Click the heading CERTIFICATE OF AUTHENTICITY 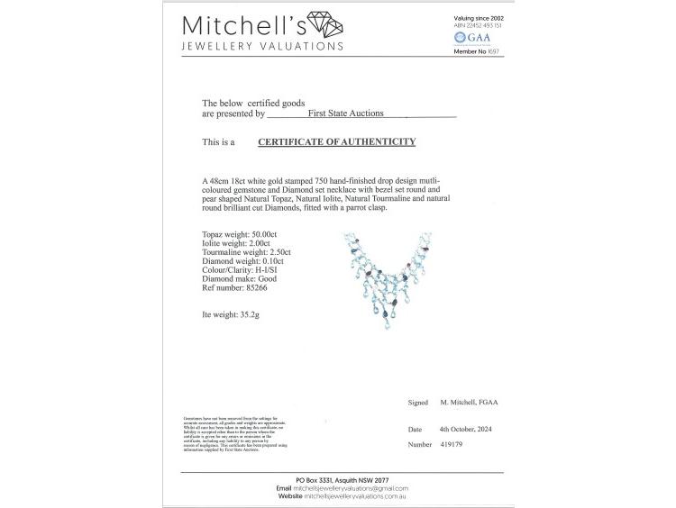[336, 142]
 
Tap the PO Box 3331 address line [337, 479]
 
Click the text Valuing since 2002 [478, 18]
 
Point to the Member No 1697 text [477, 51]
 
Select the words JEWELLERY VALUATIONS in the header [262, 46]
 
